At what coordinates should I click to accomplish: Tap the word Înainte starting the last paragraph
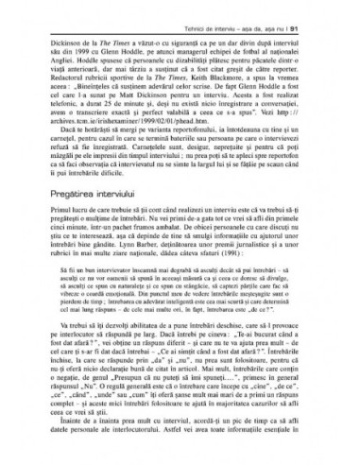tap(66, 429)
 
